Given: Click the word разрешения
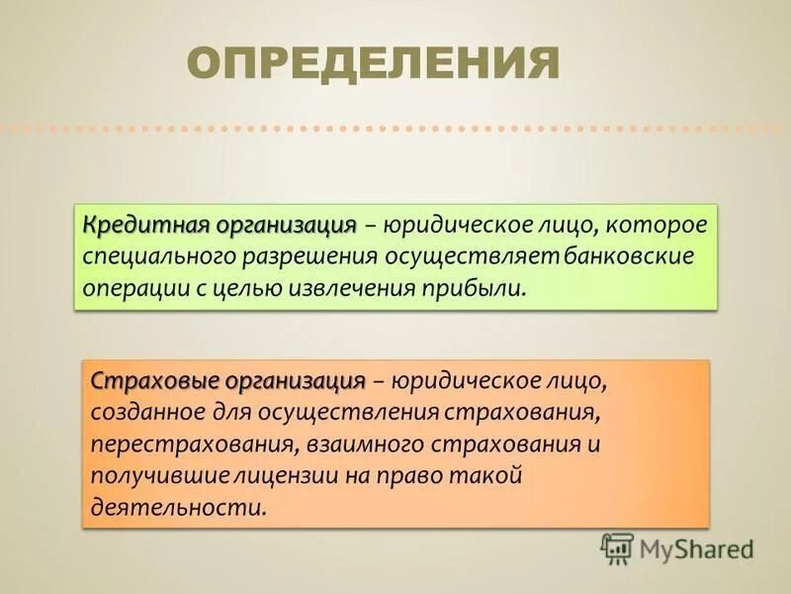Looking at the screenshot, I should click(x=307, y=257).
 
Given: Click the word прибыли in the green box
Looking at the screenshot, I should click(x=482, y=289).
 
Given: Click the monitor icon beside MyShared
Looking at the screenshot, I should click(x=617, y=547).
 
